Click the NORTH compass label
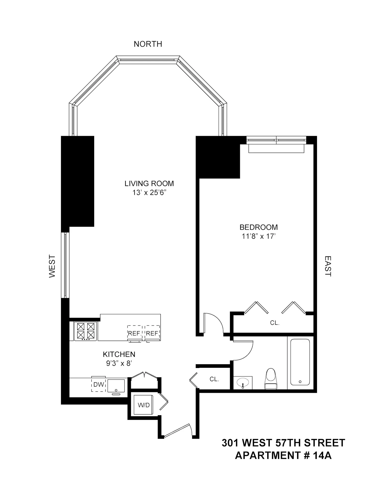148,44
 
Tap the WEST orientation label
52,266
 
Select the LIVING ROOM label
149,183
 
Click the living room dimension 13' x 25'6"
149,192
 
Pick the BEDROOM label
259,227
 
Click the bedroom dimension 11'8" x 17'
259,236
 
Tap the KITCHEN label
119,354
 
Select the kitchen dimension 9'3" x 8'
119,363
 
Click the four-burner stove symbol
85,331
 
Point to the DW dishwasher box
99,384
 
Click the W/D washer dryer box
143,405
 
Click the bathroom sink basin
242,383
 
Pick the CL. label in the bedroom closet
275,323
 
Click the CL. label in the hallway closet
214,379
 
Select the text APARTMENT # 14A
283,455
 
